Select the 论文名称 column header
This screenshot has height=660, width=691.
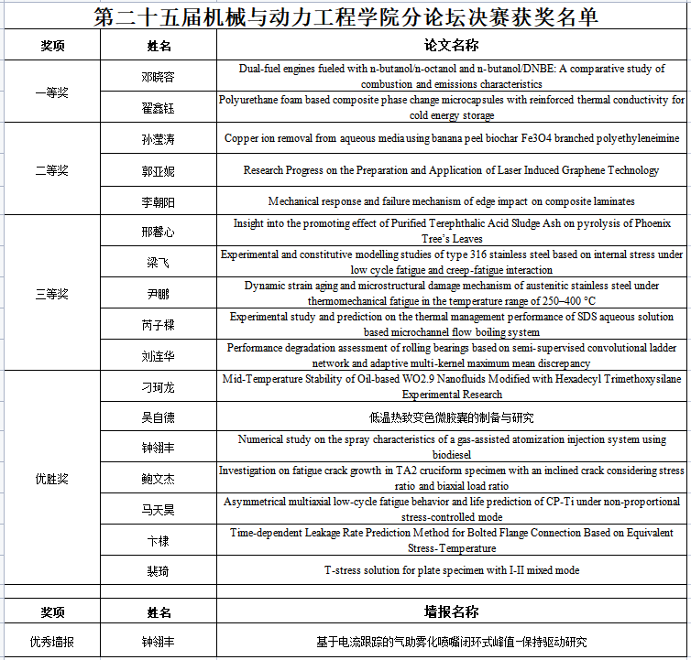[452, 45]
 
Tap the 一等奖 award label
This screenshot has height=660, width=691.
[51, 92]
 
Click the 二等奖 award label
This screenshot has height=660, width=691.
[51, 170]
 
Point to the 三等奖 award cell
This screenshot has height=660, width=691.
[51, 294]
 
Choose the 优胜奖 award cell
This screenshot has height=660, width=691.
[51, 479]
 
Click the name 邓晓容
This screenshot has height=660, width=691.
[159, 76]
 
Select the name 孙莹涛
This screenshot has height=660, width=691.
[159, 139]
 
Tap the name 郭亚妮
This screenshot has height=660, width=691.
[159, 170]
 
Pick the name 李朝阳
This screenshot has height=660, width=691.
[159, 201]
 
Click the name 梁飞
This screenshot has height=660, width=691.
[159, 263]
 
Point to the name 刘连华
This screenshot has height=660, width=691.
[159, 356]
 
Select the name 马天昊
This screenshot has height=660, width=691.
[159, 509]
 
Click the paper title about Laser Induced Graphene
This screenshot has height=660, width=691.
[451, 170]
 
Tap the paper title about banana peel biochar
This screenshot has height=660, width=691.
[451, 139]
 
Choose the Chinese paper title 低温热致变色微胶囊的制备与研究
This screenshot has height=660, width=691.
[451, 417]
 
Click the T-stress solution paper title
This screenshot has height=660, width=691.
[451, 570]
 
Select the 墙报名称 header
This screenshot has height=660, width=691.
[451, 612]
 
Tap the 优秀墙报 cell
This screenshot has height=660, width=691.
[51, 643]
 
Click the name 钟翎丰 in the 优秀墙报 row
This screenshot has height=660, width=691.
[159, 643]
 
